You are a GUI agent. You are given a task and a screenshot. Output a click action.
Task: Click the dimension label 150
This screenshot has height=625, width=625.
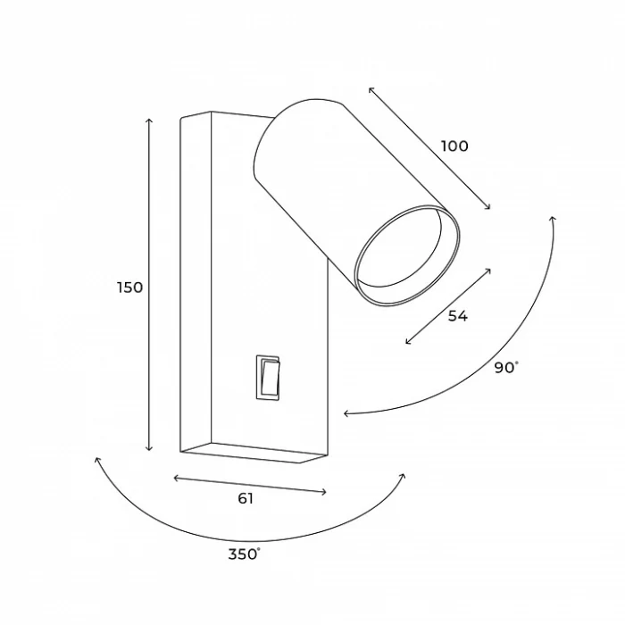coord(129,287)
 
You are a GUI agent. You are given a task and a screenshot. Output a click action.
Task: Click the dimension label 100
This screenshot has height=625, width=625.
coord(454,146)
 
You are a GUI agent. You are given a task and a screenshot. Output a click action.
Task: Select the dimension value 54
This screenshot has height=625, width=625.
coord(458,315)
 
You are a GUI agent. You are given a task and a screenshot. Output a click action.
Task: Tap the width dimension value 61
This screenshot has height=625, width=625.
coord(246,498)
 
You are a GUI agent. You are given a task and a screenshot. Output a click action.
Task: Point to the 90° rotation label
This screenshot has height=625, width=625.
coord(505,367)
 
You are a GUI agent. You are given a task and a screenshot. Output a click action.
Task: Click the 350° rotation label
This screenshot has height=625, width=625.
coord(244,554)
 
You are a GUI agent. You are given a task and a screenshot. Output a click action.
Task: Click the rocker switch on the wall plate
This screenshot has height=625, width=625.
coord(269,376)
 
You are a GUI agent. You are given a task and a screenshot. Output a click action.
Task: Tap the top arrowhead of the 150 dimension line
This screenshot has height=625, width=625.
coord(149,119)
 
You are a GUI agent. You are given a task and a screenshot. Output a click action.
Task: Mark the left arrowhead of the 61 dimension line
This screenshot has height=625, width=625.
coord(175,479)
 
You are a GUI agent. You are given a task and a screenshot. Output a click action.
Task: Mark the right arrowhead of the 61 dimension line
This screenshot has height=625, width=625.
coord(326,492)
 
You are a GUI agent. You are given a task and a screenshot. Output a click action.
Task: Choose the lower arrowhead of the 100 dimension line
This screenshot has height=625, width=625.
coord(489,209)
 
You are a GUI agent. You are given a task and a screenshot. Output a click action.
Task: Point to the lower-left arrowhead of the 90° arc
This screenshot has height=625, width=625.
coord(345,413)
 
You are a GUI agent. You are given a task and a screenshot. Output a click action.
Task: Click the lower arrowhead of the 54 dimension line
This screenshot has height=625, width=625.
coord(407,343)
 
